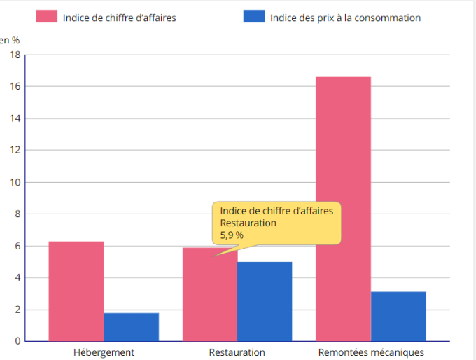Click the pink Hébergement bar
pos(76,291)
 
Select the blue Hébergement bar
pos(132,327)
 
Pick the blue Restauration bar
pos(265,301)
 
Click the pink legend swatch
pos(46,17)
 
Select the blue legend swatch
pos(253,17)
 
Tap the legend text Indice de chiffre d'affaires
pos(119,18)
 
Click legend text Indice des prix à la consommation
pos(345,18)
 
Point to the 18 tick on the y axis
pos(15,55)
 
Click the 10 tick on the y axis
pos(15,182)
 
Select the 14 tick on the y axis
pos(15,118)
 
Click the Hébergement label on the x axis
pos(104,352)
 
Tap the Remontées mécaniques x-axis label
pos(371,352)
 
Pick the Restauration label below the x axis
pos(237,352)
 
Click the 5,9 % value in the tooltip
pos(232,235)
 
